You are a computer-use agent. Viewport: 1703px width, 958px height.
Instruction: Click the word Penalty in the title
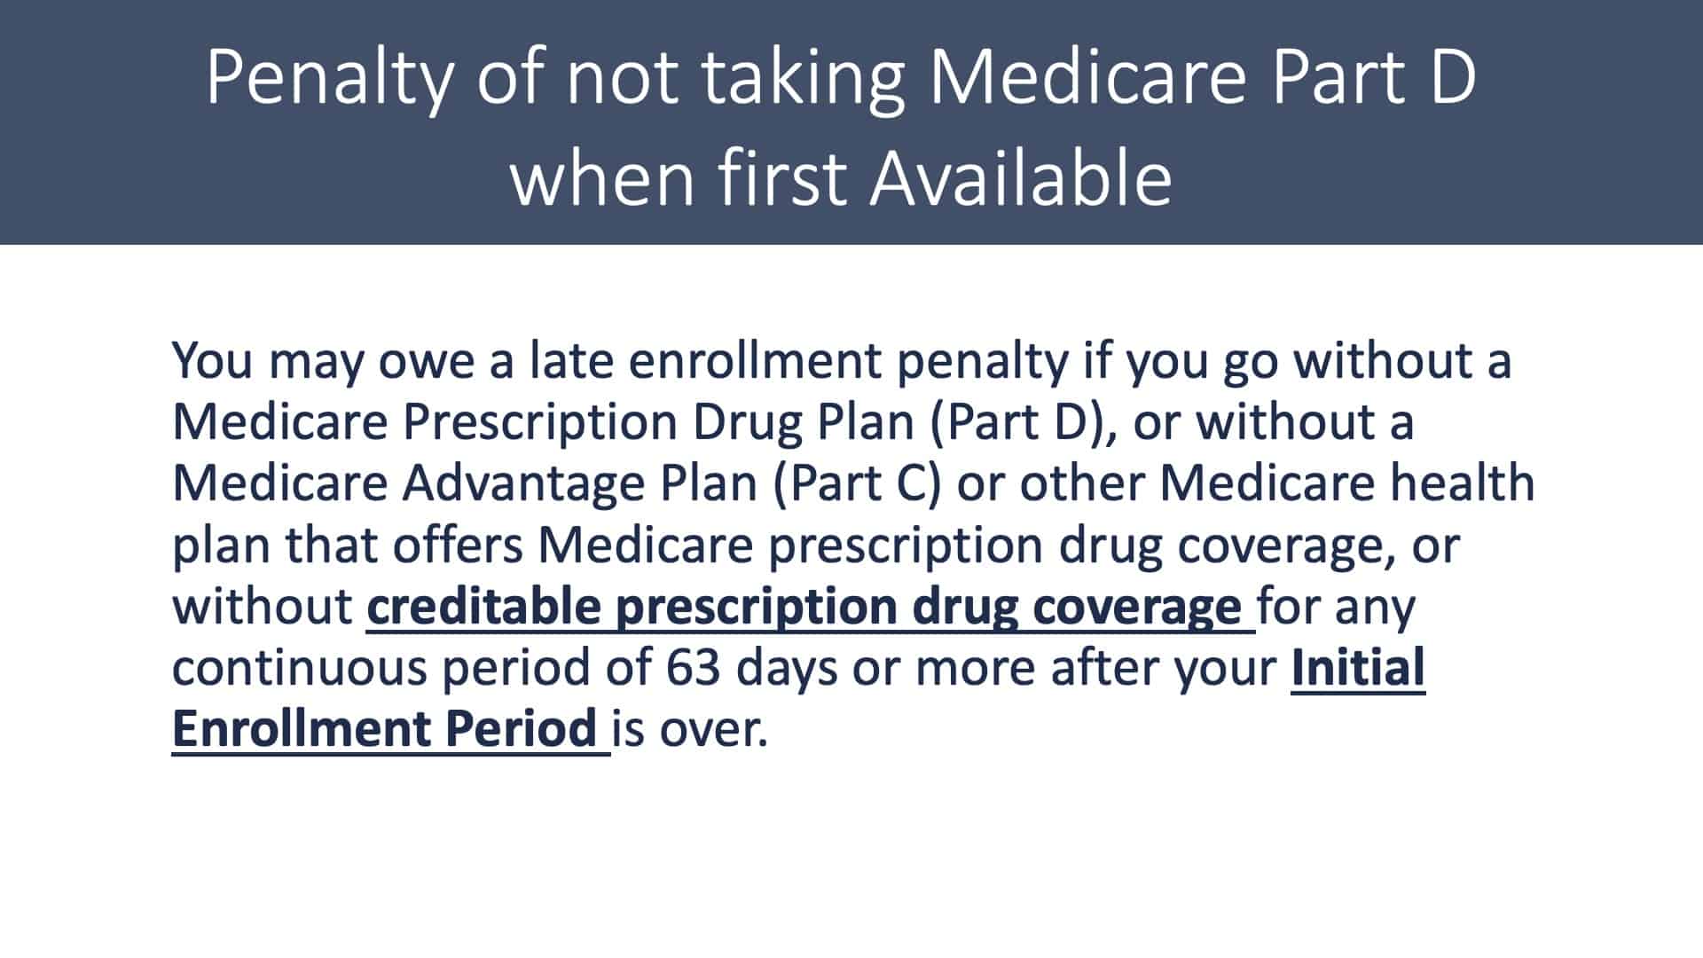tap(329, 77)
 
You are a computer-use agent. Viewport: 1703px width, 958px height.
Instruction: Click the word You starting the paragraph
tap(213, 361)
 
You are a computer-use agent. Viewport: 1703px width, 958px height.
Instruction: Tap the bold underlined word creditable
tap(483, 607)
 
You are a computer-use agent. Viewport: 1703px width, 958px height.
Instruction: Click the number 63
tap(694, 669)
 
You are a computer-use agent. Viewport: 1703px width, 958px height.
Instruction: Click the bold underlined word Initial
tap(1358, 668)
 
